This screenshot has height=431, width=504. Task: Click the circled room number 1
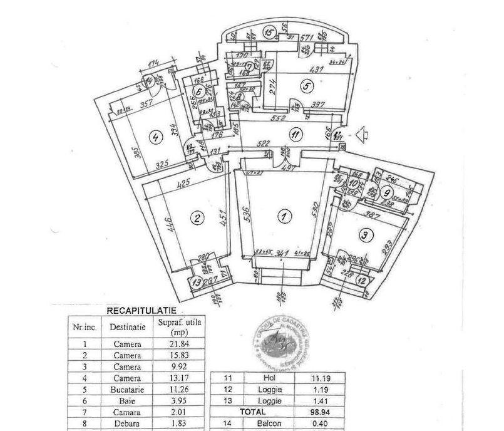pos(284,217)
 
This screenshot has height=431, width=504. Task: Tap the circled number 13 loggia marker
pos(198,283)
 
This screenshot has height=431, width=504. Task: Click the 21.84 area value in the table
pos(184,344)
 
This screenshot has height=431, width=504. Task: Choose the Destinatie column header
pos(128,326)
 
